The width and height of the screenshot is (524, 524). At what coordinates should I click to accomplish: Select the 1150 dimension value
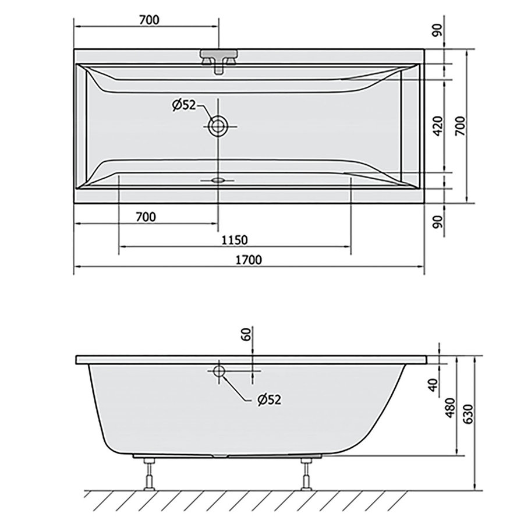(x=235, y=239)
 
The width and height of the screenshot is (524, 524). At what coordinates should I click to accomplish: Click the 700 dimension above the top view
(x=149, y=20)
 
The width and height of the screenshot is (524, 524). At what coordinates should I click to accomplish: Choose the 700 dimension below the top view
(x=146, y=217)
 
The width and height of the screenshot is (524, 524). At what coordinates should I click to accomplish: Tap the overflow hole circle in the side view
(x=219, y=371)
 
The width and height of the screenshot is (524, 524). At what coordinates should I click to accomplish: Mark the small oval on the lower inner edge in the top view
(x=219, y=180)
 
